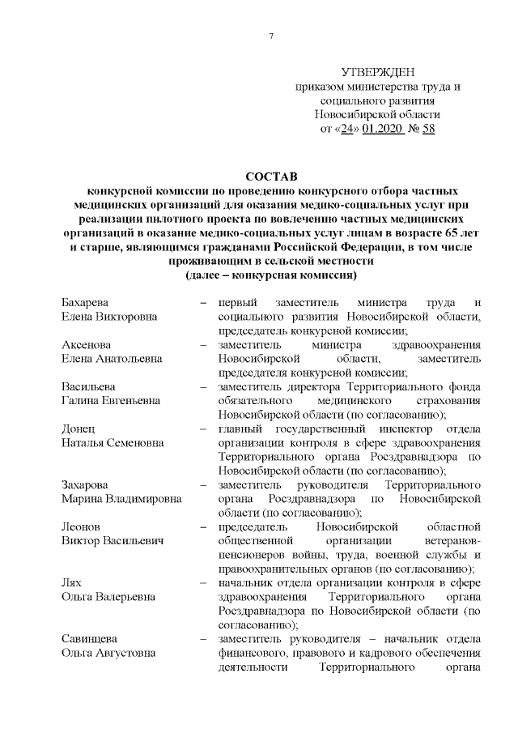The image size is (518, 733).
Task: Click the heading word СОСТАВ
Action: (271, 175)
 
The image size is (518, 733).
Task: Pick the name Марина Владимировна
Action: (121, 499)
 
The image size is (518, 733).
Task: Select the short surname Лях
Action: (72, 583)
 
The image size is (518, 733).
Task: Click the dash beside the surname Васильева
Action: (204, 386)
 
